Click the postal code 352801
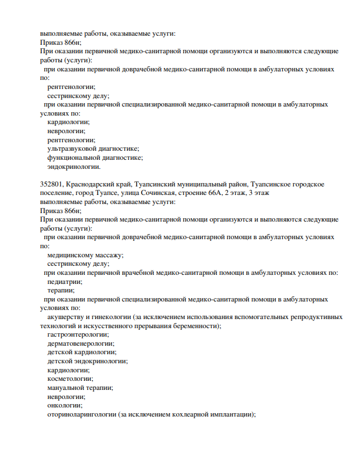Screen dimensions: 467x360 (x=52, y=185)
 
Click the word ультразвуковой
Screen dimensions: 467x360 (x=73, y=148)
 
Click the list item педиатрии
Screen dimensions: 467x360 (x=65, y=281)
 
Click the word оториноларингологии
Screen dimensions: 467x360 (x=82, y=414)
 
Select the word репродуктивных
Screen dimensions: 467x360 (x=314, y=317)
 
